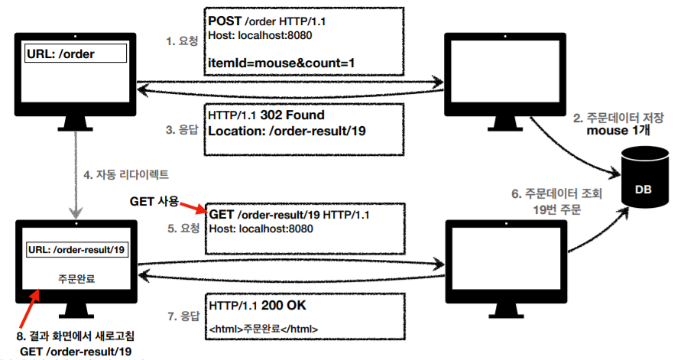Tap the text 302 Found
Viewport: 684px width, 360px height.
click(293, 115)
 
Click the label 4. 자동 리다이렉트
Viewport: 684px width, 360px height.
click(126, 174)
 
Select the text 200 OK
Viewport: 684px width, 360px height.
click(284, 305)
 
